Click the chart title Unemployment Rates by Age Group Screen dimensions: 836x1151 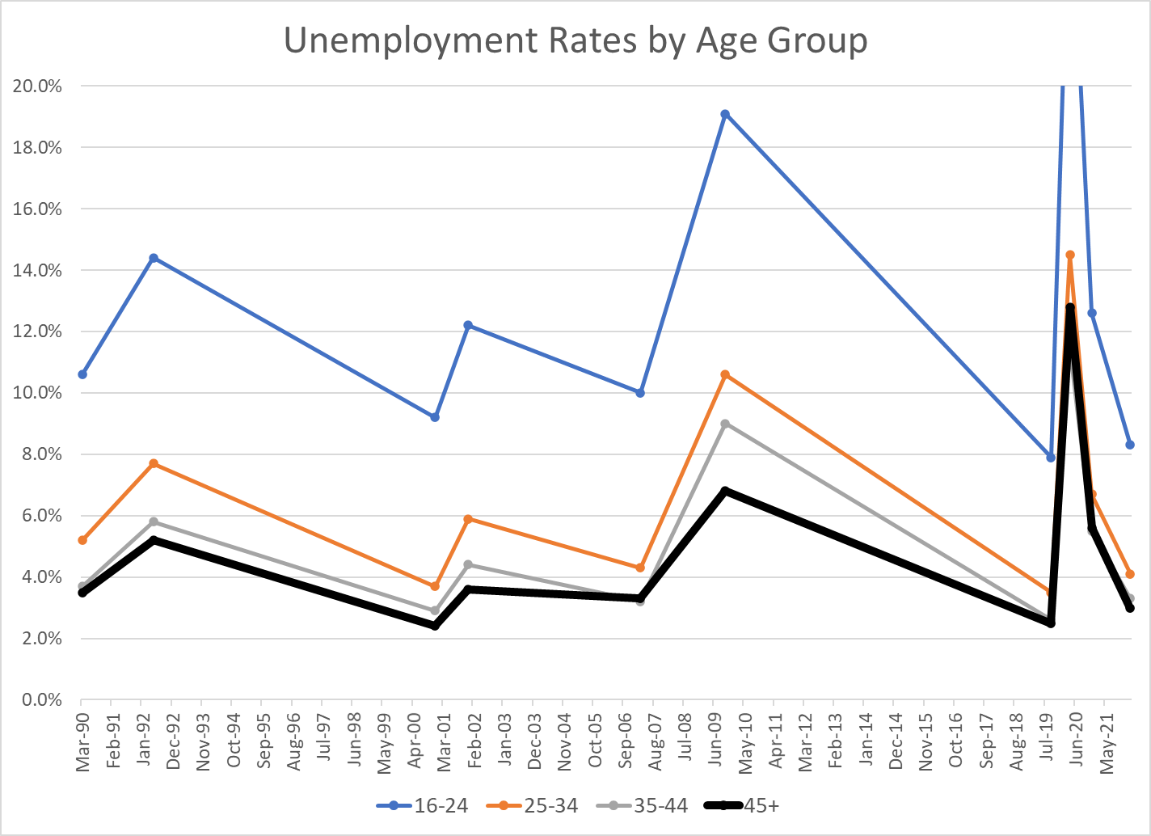[575, 40]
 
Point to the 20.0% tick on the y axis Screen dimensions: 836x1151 [37, 86]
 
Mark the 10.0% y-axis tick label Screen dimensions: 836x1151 [37, 393]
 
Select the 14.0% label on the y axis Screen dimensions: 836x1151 [37, 270]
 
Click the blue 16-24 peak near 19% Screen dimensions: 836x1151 [725, 114]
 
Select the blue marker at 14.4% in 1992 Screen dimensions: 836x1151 [154, 258]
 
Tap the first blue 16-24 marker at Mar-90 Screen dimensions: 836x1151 [82, 374]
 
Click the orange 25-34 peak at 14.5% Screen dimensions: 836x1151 [1070, 255]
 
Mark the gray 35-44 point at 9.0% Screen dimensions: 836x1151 [725, 424]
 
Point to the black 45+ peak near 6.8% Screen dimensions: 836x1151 [725, 491]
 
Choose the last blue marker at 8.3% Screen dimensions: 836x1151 [1130, 445]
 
